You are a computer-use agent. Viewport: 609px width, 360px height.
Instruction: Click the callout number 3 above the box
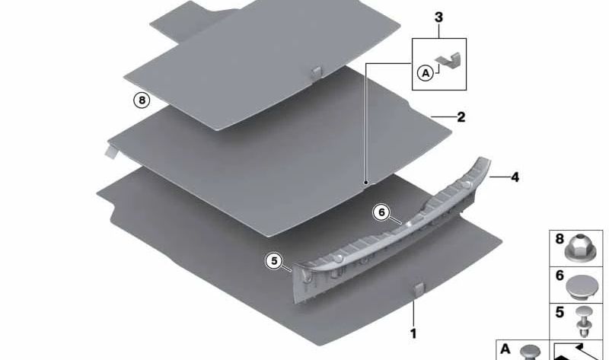point(438,17)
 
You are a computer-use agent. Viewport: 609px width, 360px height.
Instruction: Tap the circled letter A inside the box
point(425,72)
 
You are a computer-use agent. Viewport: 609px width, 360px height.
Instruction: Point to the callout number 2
point(461,118)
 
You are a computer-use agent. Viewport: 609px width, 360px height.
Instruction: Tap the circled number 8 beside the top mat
point(139,100)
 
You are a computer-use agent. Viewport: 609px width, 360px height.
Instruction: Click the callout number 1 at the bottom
point(414,333)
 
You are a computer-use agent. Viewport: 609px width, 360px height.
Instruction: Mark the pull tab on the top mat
point(317,72)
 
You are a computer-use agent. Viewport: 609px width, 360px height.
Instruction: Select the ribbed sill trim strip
point(396,228)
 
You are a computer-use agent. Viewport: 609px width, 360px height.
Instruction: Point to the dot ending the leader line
point(365,183)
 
